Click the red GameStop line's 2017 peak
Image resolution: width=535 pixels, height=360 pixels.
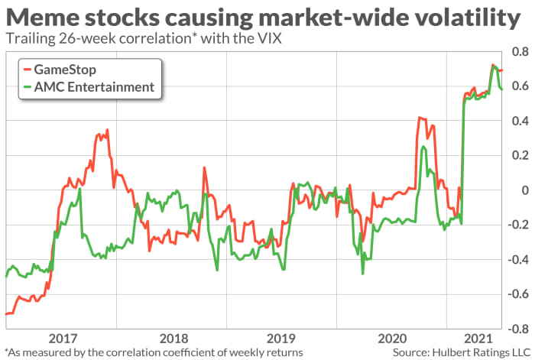(x=108, y=131)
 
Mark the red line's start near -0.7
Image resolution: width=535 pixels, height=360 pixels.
(x=7, y=313)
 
